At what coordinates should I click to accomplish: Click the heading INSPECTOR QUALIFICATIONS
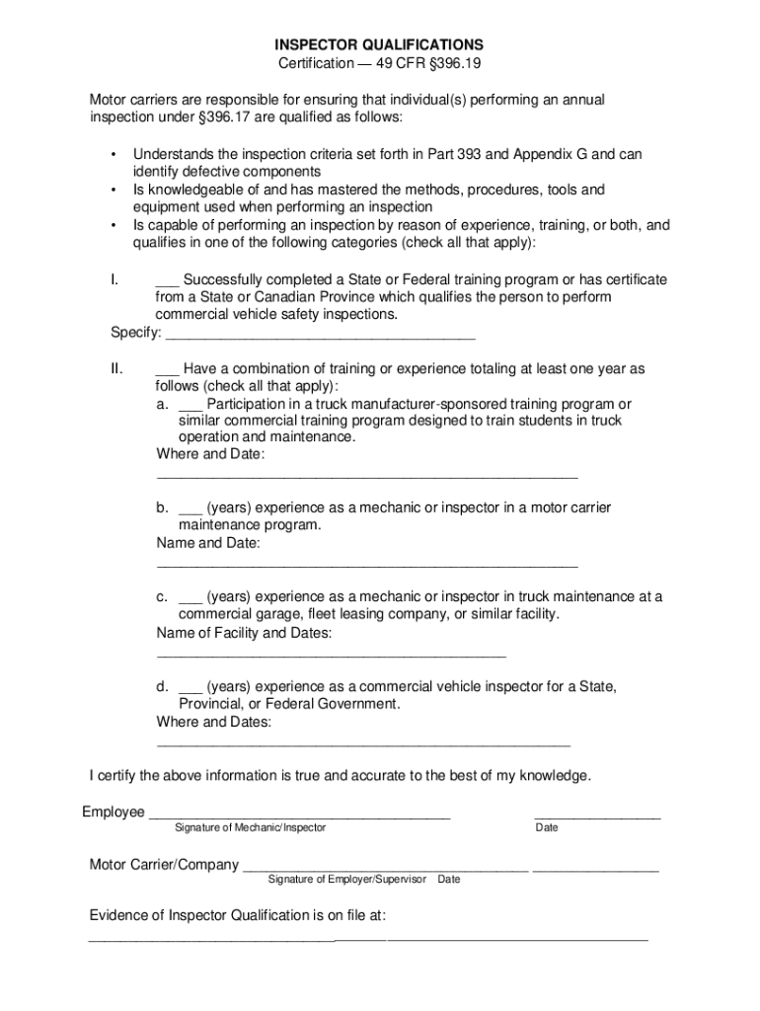[x=379, y=45]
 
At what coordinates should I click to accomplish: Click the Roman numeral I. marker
[x=115, y=280]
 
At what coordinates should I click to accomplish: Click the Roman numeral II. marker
[x=117, y=369]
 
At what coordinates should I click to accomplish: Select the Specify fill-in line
[x=319, y=338]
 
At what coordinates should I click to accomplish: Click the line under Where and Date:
[x=366, y=477]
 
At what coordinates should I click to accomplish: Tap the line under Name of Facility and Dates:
[x=331, y=656]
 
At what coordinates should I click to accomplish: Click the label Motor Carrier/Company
[x=164, y=865]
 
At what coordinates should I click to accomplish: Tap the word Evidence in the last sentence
[x=121, y=915]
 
